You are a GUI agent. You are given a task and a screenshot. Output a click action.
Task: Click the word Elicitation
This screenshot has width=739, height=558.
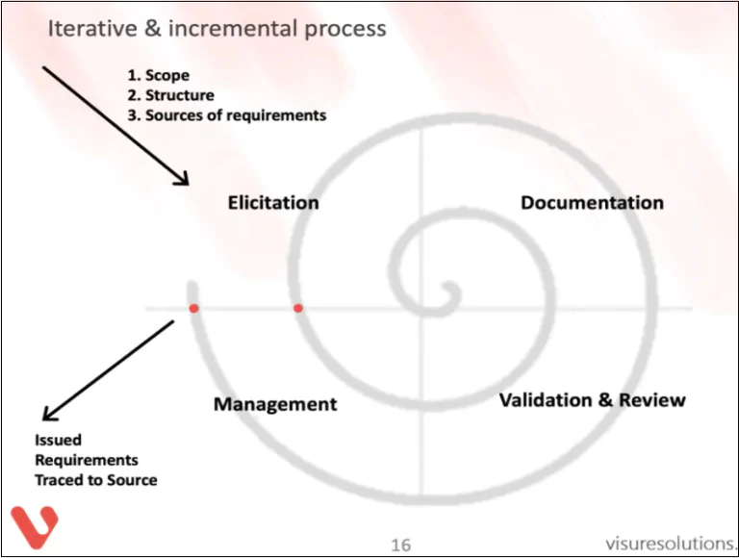(273, 203)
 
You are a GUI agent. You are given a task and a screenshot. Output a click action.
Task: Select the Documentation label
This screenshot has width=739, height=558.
(592, 203)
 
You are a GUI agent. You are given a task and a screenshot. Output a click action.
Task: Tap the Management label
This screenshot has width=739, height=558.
(275, 404)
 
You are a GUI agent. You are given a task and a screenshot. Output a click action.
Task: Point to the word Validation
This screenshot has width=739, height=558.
(546, 400)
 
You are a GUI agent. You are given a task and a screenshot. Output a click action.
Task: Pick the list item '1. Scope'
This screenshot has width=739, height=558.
(159, 75)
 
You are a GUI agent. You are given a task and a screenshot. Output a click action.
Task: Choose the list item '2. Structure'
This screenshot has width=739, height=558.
(170, 95)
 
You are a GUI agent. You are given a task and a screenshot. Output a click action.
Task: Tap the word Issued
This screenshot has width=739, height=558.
(58, 440)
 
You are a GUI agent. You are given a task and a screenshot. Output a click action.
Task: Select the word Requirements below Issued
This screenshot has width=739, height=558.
(87, 460)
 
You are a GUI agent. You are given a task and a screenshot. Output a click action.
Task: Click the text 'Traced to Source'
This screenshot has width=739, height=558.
(96, 480)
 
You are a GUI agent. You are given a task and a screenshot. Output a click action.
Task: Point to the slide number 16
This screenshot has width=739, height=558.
(400, 545)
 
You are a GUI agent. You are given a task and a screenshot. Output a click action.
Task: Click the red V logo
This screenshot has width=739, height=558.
(35, 527)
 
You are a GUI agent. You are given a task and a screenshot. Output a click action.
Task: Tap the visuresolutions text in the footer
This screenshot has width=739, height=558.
(671, 544)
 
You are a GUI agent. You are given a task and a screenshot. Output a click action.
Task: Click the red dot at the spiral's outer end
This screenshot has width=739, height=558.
(193, 309)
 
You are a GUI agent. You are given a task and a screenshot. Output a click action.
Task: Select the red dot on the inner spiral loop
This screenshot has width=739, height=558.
(298, 308)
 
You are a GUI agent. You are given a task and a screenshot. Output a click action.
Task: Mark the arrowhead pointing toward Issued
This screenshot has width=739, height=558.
(48, 415)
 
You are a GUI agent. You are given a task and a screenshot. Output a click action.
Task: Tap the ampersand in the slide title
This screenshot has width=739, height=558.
(152, 28)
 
